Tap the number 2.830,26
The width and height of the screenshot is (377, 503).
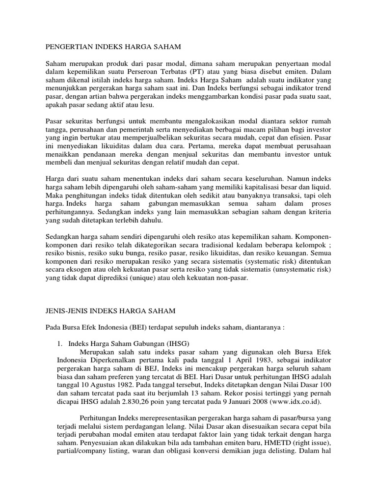(x=144, y=401)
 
